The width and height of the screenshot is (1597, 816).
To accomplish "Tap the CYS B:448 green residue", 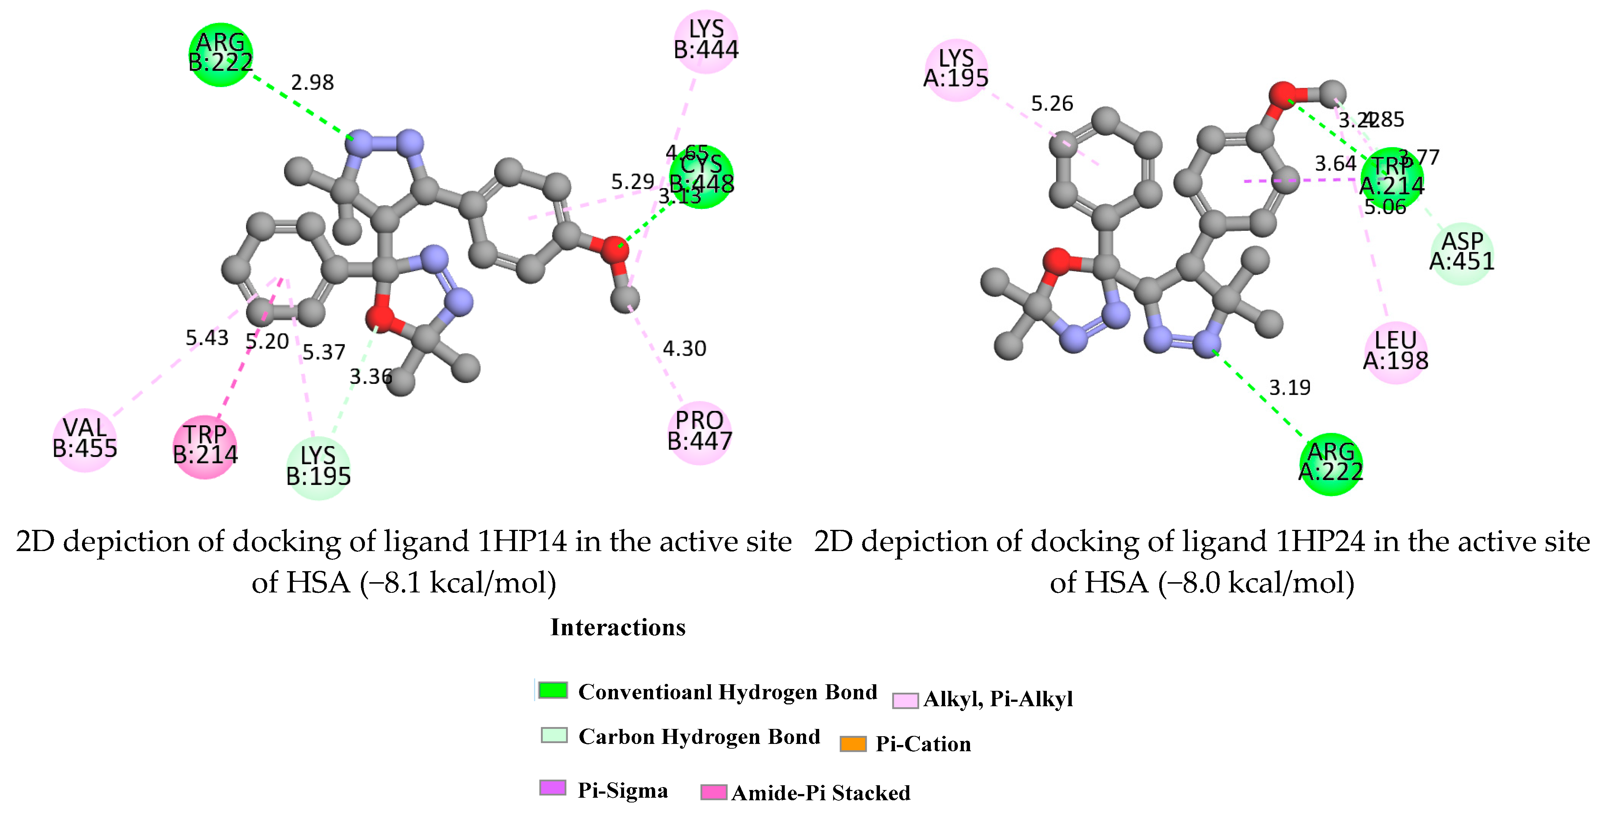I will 702,177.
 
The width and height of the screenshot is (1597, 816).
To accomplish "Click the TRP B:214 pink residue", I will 205,446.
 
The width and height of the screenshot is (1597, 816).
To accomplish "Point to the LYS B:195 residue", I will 318,467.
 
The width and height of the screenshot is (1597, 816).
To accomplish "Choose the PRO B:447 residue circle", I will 699,432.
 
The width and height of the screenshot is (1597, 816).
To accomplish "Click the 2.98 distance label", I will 313,82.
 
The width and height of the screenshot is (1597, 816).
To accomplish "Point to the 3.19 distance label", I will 1290,388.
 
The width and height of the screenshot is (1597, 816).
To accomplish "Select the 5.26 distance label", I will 1052,104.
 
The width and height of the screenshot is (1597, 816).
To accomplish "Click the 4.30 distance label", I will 684,349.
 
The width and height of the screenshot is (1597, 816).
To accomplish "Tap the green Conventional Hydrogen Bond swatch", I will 552,690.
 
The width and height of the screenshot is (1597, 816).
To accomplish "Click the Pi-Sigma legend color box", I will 552,788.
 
